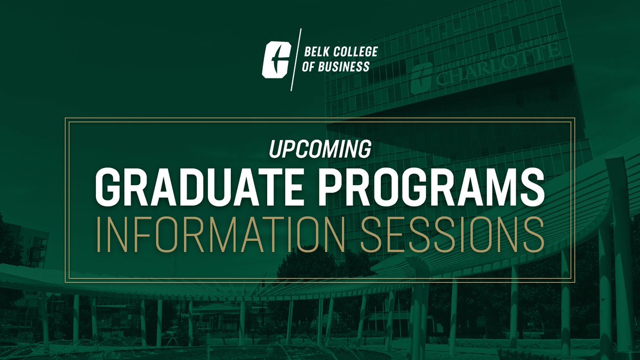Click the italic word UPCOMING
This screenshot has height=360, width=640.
click(x=319, y=150)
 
